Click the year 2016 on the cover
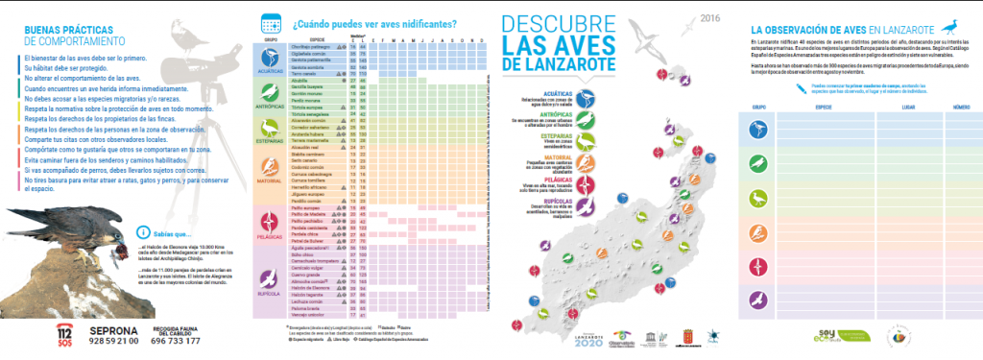coord(709,18)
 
